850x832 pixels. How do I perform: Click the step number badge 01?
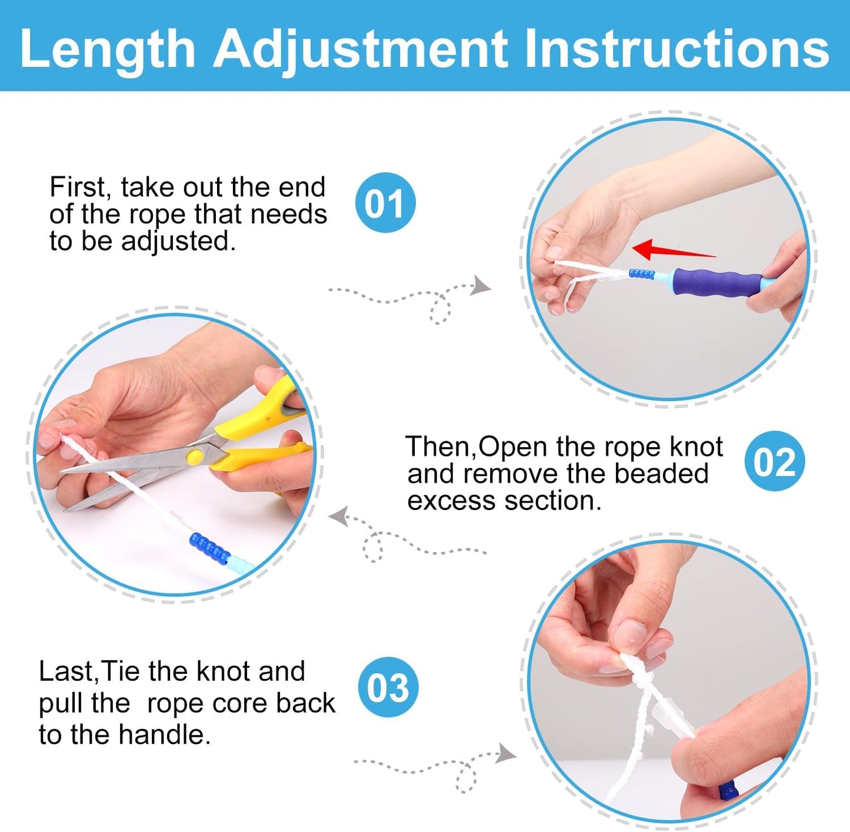tap(385, 203)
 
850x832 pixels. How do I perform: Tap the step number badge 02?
tap(774, 461)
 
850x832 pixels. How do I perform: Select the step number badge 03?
tap(388, 687)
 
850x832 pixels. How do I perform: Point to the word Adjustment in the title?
tap(360, 49)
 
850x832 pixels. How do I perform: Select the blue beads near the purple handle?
tap(641, 274)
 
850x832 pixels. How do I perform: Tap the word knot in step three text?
tap(223, 671)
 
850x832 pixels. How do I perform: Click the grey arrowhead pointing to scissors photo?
tap(338, 517)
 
